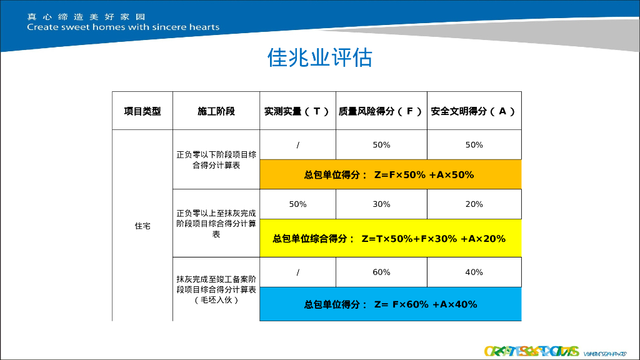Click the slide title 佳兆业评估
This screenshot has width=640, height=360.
[319, 57]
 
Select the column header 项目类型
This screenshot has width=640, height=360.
[142, 111]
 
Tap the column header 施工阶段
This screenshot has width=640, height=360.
[216, 111]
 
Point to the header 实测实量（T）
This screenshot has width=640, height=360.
[297, 111]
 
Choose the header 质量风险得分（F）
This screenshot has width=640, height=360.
[381, 111]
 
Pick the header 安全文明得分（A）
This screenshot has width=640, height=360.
[474, 111]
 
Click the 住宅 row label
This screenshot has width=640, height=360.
[142, 226]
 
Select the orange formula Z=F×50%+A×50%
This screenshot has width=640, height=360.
[389, 175]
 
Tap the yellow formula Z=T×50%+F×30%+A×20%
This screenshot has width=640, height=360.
[389, 239]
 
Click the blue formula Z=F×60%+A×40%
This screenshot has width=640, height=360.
[391, 304]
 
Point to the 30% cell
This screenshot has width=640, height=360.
[381, 204]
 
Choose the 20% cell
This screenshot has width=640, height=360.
[474, 204]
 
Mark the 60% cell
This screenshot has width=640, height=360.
[381, 272]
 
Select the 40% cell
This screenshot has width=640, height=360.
[474, 272]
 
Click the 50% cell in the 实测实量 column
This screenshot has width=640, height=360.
[297, 204]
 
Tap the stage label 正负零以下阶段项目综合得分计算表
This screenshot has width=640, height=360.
[216, 160]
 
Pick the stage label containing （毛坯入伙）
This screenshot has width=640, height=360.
[216, 289]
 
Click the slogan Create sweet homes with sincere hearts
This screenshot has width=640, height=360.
[123, 27]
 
